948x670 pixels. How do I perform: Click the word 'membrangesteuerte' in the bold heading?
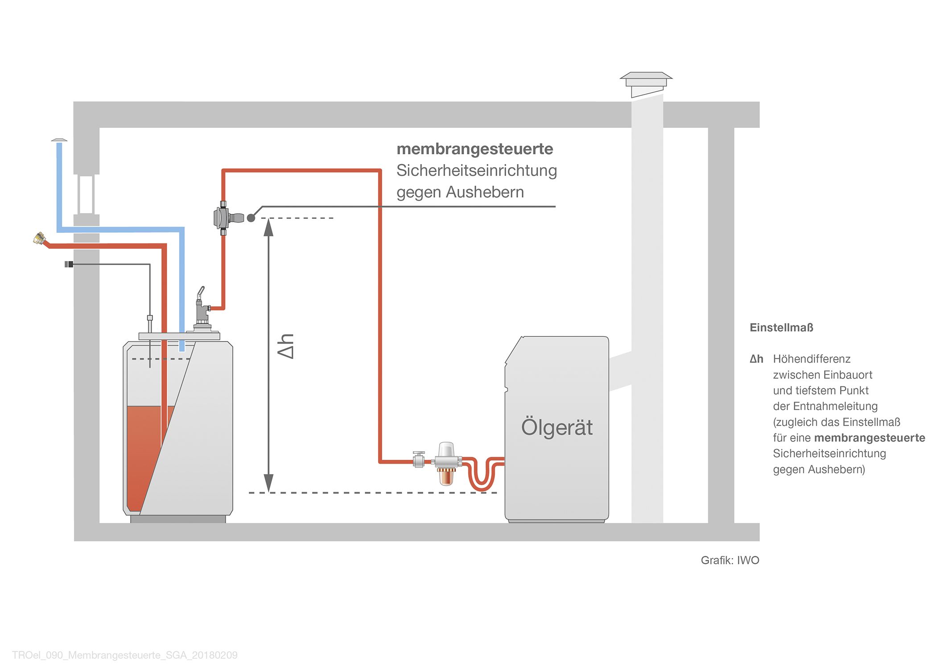click(475, 149)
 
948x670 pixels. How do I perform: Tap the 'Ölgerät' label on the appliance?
click(557, 427)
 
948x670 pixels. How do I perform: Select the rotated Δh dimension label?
click(285, 346)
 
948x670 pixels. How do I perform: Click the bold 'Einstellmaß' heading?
click(781, 328)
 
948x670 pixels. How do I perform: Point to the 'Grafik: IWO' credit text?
click(730, 560)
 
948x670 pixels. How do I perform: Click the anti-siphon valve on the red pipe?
click(228, 218)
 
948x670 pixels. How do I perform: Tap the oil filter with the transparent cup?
click(445, 464)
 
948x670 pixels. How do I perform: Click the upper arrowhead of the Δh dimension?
click(268, 227)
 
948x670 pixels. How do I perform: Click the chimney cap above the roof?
click(646, 85)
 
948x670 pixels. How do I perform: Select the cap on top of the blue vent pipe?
click(59, 140)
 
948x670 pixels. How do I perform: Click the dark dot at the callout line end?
click(251, 218)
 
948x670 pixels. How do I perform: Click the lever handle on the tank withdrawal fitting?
click(201, 293)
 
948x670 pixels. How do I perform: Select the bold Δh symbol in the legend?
click(756, 359)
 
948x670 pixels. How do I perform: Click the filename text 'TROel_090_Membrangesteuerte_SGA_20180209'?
click(125, 655)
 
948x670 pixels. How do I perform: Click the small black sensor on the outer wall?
click(69, 264)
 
